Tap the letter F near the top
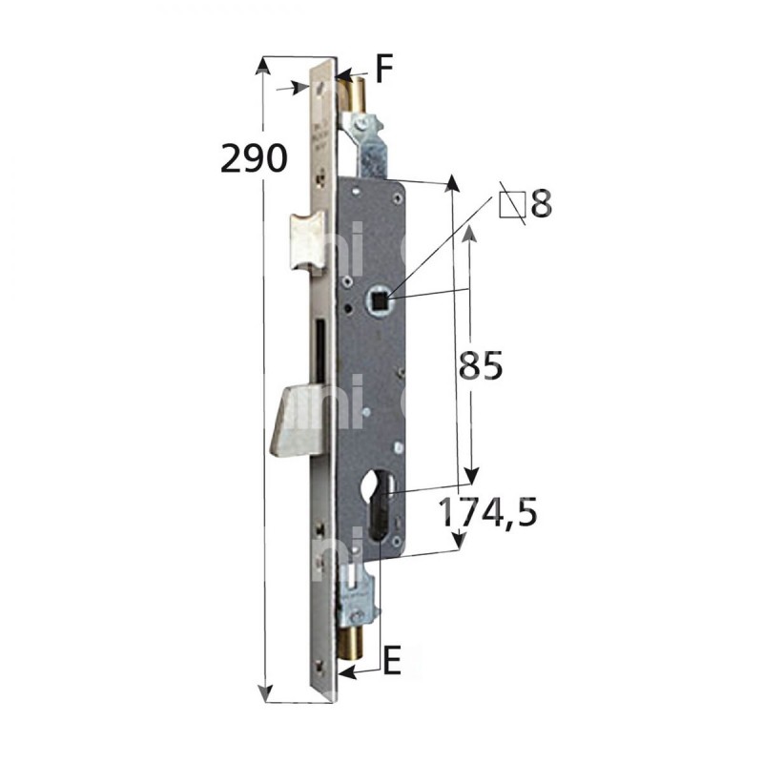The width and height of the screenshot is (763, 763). point(383,69)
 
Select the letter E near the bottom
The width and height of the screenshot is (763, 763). point(391,657)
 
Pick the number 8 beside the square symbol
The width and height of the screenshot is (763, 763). point(541,204)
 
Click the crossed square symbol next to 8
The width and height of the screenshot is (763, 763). point(512,204)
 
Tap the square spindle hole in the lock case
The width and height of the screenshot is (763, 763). point(381,300)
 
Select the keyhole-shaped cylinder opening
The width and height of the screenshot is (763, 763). point(381,511)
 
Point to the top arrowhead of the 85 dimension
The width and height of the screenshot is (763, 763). point(469,230)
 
